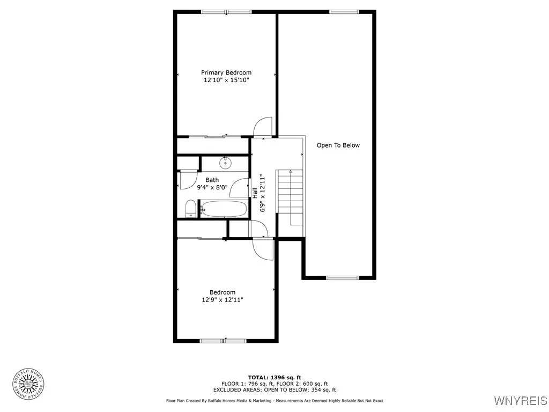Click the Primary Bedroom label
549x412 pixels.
pos(226,72)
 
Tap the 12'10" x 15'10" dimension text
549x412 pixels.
pos(226,80)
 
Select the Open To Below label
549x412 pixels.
pos(338,145)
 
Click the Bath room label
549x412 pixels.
pos(212,180)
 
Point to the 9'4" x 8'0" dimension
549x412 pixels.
pos(212,187)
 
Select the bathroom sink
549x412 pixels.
pos(225,161)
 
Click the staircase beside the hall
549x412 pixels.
pos(290,196)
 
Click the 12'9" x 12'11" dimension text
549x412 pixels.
pos(222,300)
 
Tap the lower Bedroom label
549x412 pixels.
pos(222,292)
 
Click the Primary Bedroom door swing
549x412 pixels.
pos(263,127)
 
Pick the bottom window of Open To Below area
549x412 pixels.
pos(342,277)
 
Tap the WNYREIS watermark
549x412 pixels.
pos(520,401)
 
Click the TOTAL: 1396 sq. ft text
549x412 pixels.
pos(274,378)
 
